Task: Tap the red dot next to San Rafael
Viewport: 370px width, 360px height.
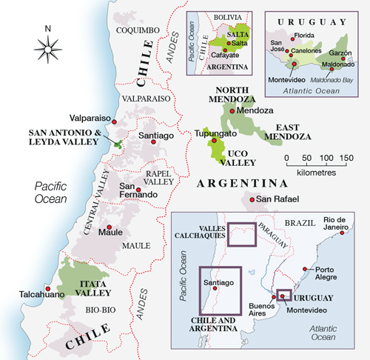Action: pos(249,199)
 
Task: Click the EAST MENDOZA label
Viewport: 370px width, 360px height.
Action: pos(289,132)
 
